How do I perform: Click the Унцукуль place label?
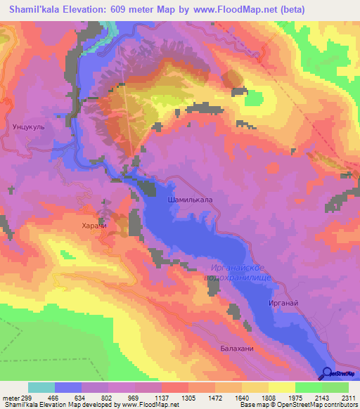coord(29,128)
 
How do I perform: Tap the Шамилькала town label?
coord(190,200)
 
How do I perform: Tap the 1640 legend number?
coord(241,397)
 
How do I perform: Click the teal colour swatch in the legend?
coord(41,387)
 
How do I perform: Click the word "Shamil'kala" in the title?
coord(37,11)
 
